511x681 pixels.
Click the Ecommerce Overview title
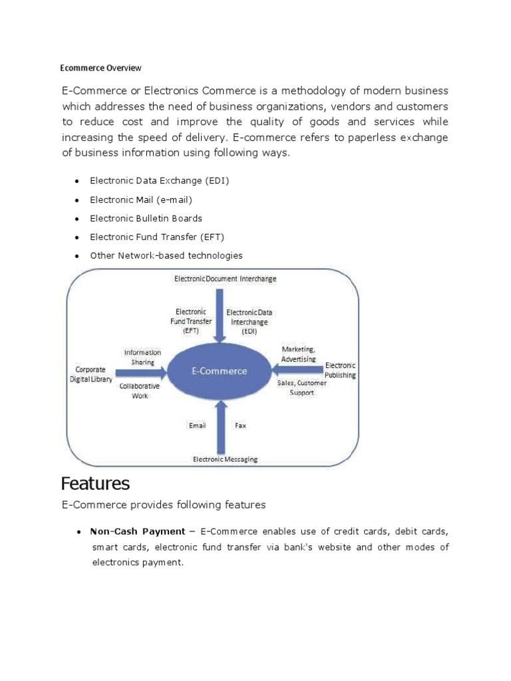100,68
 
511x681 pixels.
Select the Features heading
95,482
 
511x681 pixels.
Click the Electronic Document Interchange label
225,279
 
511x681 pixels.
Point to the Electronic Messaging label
225,459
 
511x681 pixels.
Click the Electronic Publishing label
340,370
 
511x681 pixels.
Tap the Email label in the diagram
198,425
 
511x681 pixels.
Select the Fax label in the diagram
240,425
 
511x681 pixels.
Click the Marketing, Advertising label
298,354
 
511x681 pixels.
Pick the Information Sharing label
142,357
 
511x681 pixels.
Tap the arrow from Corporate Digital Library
140,373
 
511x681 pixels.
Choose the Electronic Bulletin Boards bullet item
146,218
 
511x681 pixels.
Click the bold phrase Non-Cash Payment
137,531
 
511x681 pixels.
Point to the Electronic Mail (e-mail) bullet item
141,200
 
